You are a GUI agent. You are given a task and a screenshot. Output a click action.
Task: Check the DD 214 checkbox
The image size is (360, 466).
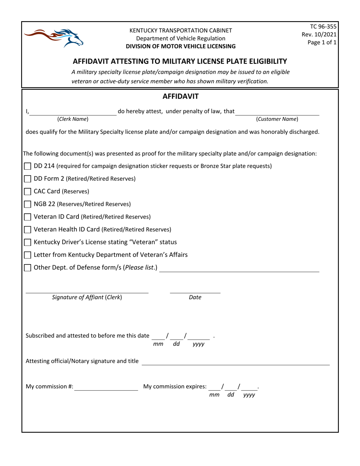tap(28, 166)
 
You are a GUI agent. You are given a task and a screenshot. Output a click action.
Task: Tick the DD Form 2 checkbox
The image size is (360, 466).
tap(28, 179)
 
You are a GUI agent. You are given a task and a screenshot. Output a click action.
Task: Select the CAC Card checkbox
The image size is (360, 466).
tap(28, 192)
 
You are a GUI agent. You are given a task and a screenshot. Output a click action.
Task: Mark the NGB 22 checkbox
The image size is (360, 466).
tap(28, 204)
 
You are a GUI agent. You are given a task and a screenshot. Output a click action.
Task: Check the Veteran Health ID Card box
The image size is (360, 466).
tap(28, 230)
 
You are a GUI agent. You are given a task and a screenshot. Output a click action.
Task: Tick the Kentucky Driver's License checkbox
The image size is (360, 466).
tap(28, 242)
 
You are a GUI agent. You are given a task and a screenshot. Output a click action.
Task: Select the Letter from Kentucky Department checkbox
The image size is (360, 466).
tap(28, 255)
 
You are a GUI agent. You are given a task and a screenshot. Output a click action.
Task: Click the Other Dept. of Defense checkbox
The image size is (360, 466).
tap(28, 268)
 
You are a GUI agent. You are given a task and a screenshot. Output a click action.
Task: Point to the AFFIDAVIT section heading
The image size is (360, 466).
tap(180, 97)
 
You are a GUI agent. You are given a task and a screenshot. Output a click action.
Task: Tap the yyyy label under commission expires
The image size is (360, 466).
tap(249, 395)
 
